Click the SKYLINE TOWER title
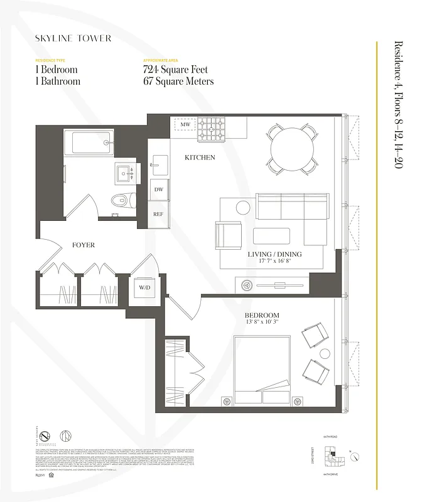tap(73, 38)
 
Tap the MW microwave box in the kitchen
tap(185, 125)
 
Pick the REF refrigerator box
tap(158, 214)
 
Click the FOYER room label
tap(83, 245)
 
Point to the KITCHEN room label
tap(200, 158)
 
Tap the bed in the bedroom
tap(262, 370)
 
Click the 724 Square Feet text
tap(175, 70)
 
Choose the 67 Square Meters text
tap(178, 82)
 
